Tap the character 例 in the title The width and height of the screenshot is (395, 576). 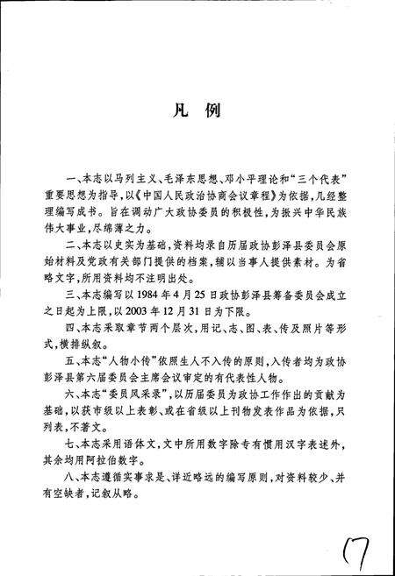pos(214,112)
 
